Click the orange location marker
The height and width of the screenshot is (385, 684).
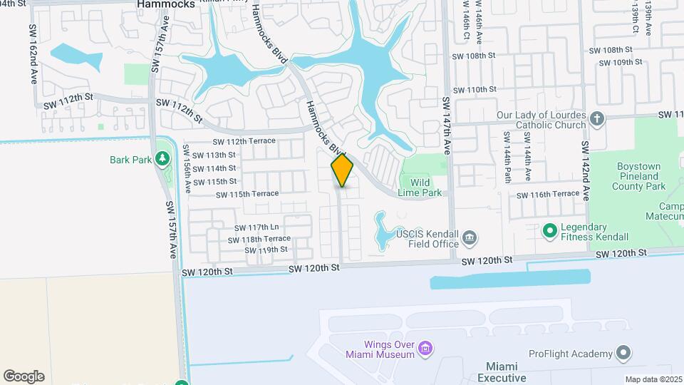pyautogui.click(x=342, y=170)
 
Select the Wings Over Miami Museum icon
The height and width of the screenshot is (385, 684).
pyautogui.click(x=425, y=348)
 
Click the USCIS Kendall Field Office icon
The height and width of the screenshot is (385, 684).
pyautogui.click(x=469, y=237)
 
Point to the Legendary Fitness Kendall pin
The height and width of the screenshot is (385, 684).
pyautogui.click(x=549, y=230)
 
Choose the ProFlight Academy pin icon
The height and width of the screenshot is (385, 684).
pyautogui.click(x=623, y=354)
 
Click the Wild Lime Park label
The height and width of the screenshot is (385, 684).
pyautogui.click(x=425, y=187)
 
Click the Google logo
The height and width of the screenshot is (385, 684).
pyautogui.click(x=24, y=376)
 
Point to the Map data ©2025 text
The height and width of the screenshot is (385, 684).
pyautogui.click(x=653, y=379)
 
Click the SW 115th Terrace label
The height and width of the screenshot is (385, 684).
pyautogui.click(x=247, y=194)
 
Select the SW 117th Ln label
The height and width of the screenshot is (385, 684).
pyautogui.click(x=255, y=227)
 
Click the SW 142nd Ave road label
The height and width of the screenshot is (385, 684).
pyautogui.click(x=585, y=170)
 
